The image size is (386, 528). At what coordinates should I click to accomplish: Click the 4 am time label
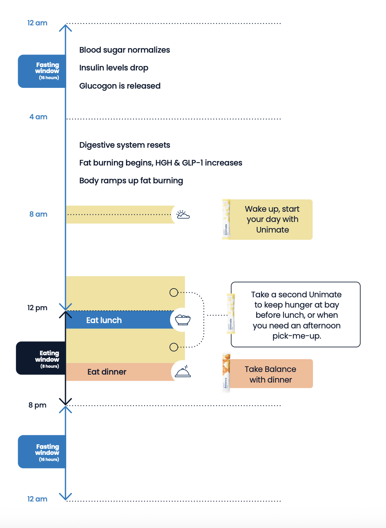pos(38,117)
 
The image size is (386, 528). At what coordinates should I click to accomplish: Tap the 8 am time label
pos(38,214)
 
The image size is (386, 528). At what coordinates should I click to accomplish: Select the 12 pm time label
pos(37,308)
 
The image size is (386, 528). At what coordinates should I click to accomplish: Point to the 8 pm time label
pos(37,405)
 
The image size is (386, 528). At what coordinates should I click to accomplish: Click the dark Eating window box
pos(41,358)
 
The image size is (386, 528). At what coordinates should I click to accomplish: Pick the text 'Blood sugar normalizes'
pos(125,50)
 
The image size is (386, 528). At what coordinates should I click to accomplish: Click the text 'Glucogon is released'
pos(120,86)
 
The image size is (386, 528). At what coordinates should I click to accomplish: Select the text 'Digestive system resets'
pos(125,145)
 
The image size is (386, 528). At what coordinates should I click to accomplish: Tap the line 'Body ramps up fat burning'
pos(131,181)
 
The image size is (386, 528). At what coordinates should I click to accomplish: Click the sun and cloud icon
pos(183,214)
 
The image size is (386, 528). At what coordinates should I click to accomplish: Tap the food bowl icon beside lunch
pos(183,320)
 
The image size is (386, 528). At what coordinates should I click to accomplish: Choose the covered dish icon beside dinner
pos(183,371)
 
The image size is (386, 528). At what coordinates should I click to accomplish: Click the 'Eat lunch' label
pos(104,320)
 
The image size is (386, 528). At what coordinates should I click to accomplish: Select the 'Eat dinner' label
pos(107,372)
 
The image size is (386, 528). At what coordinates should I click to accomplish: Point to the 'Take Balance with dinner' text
pos(270,374)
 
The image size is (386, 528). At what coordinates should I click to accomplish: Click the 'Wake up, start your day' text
pos(272,214)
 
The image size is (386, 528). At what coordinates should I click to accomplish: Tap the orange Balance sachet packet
pos(226,373)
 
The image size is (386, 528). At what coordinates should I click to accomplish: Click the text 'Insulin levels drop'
pos(114,68)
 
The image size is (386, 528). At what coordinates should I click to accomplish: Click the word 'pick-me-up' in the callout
pos(297,336)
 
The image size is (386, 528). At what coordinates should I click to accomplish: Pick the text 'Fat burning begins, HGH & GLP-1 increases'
pos(160,163)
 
